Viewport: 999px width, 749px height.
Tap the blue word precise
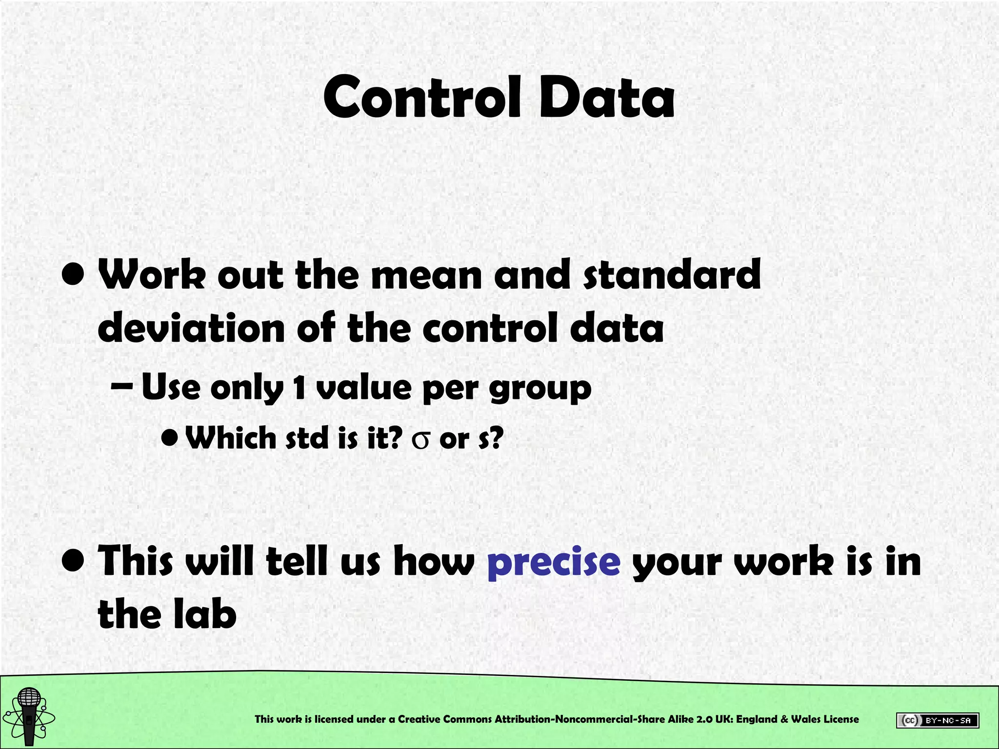(x=554, y=562)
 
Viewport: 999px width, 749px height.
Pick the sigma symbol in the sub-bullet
(x=420, y=440)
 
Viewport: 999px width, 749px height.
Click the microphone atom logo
(x=29, y=716)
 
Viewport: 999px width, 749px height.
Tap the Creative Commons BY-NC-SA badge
(x=937, y=720)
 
